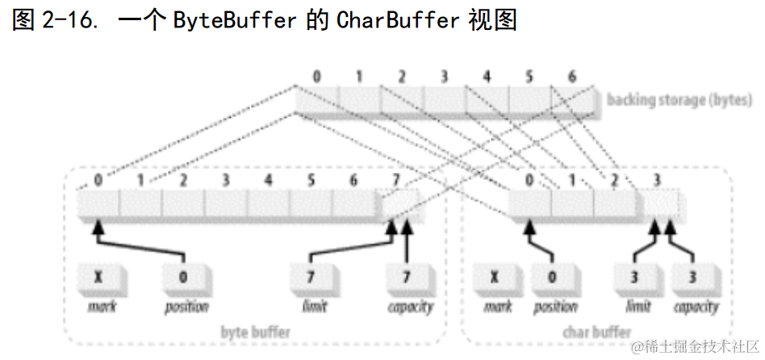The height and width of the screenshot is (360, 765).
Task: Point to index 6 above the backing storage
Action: coord(572,77)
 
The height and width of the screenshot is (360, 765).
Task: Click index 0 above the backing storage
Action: coord(316,77)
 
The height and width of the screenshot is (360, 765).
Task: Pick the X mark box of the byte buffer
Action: coord(98,278)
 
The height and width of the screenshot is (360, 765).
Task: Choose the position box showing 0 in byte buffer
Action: coord(183,278)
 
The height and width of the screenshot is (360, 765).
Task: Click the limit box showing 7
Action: coord(311,278)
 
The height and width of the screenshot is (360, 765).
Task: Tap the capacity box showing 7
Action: coord(406,278)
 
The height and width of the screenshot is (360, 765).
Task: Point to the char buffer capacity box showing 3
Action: coord(692,278)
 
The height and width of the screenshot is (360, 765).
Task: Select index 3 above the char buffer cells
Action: coord(658,179)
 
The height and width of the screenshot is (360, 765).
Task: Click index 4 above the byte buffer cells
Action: coord(269,179)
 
